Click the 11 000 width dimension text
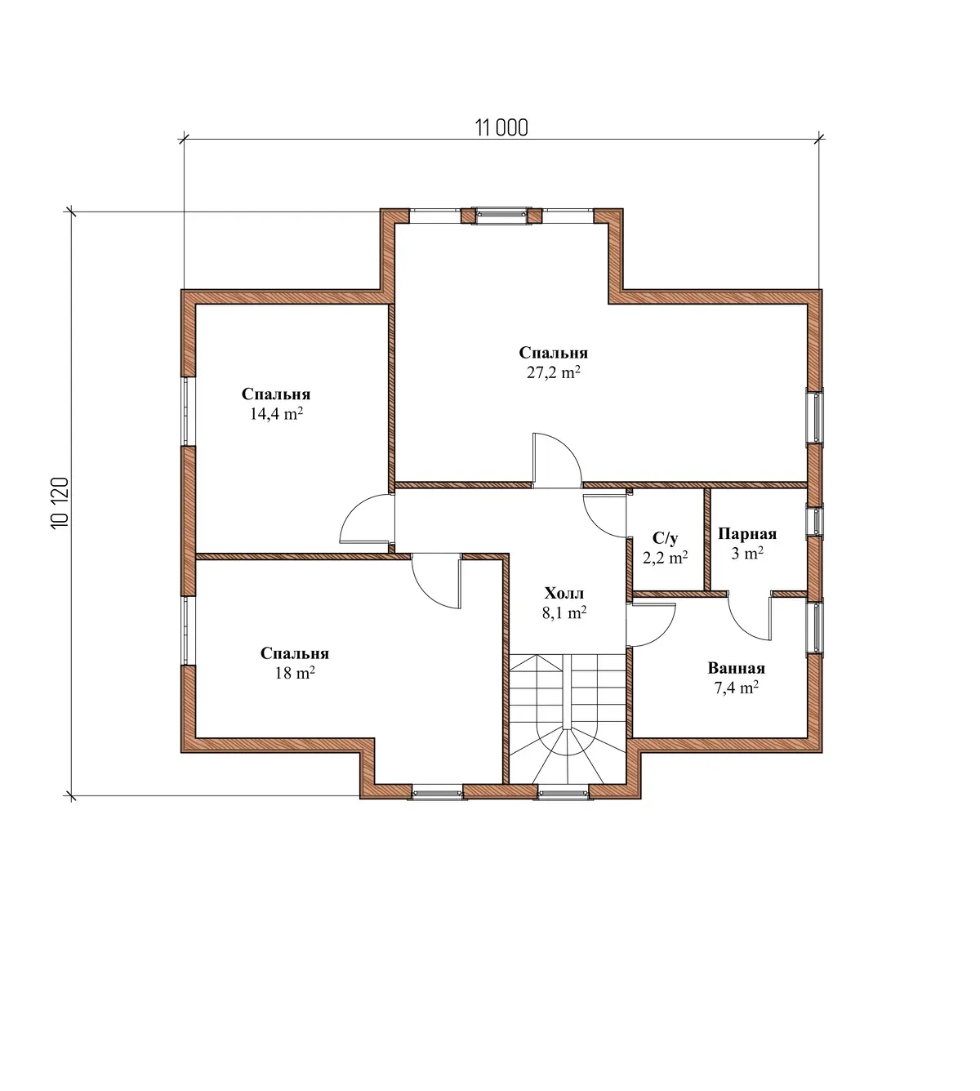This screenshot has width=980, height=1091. pyautogui.click(x=501, y=127)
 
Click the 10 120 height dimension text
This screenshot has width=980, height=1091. pyautogui.click(x=60, y=503)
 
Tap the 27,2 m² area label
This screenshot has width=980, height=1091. pyautogui.click(x=554, y=372)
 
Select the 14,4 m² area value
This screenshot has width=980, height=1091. pyautogui.click(x=276, y=413)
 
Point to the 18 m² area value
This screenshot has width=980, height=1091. pyautogui.click(x=295, y=673)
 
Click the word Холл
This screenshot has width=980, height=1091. pyautogui.click(x=563, y=594)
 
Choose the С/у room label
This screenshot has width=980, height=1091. pyautogui.click(x=665, y=538)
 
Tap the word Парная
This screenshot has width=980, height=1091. pyautogui.click(x=747, y=533)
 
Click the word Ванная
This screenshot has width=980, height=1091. pyautogui.click(x=736, y=668)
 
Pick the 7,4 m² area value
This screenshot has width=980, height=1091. pyautogui.click(x=737, y=688)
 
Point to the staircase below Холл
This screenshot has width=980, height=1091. pyautogui.click(x=568, y=719)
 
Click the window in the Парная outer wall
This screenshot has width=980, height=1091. pyautogui.click(x=815, y=521)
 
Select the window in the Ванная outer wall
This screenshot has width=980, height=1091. pyautogui.click(x=815, y=627)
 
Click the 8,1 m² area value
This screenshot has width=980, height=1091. pyautogui.click(x=564, y=612)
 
